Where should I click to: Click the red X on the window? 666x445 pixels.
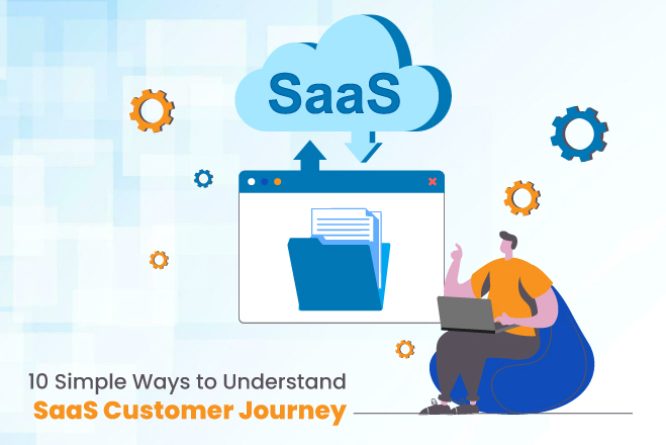[432, 182]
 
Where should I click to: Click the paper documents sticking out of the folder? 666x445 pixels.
[346, 225]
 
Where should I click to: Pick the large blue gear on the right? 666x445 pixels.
[579, 134]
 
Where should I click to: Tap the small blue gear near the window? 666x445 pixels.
[203, 179]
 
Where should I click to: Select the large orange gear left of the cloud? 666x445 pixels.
[152, 110]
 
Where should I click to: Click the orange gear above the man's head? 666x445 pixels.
[521, 198]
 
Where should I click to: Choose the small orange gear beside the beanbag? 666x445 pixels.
[405, 349]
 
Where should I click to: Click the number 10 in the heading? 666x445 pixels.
[36, 381]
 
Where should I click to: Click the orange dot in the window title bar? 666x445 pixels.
[277, 182]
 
